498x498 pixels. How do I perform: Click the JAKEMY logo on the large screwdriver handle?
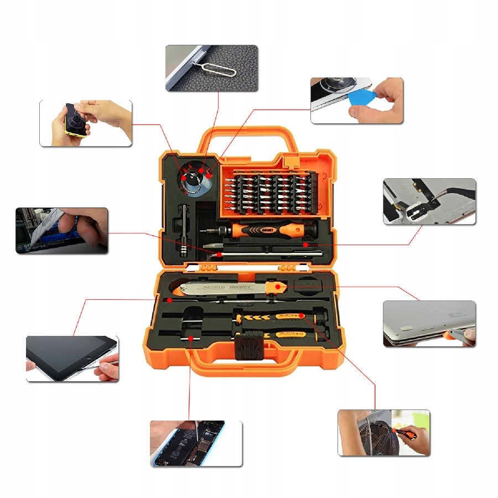[x=269, y=228]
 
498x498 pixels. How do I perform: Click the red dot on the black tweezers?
[x=305, y=243]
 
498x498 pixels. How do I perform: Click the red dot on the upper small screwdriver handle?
[x=302, y=315]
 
